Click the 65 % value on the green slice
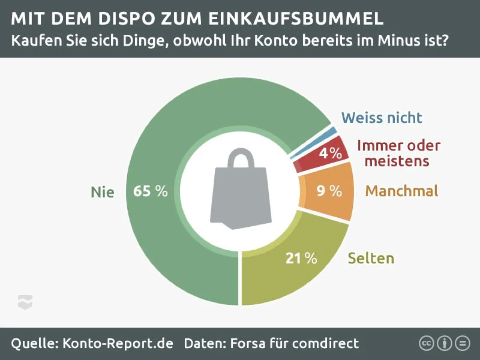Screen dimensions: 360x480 150,191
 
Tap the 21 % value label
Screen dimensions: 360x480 301,258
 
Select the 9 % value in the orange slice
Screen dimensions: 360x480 329,191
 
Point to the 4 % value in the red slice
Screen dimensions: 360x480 330,153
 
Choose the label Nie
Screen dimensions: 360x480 102,192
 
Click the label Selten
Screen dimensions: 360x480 371,258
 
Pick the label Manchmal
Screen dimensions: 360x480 402,191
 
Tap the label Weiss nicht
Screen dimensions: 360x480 382,118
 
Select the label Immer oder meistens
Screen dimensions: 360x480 398,153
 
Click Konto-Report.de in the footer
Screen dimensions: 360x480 118,343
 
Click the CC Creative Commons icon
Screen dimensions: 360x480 426,343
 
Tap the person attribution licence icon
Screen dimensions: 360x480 444,343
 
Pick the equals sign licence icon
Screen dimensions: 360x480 462,343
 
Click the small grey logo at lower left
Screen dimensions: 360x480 25,302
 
